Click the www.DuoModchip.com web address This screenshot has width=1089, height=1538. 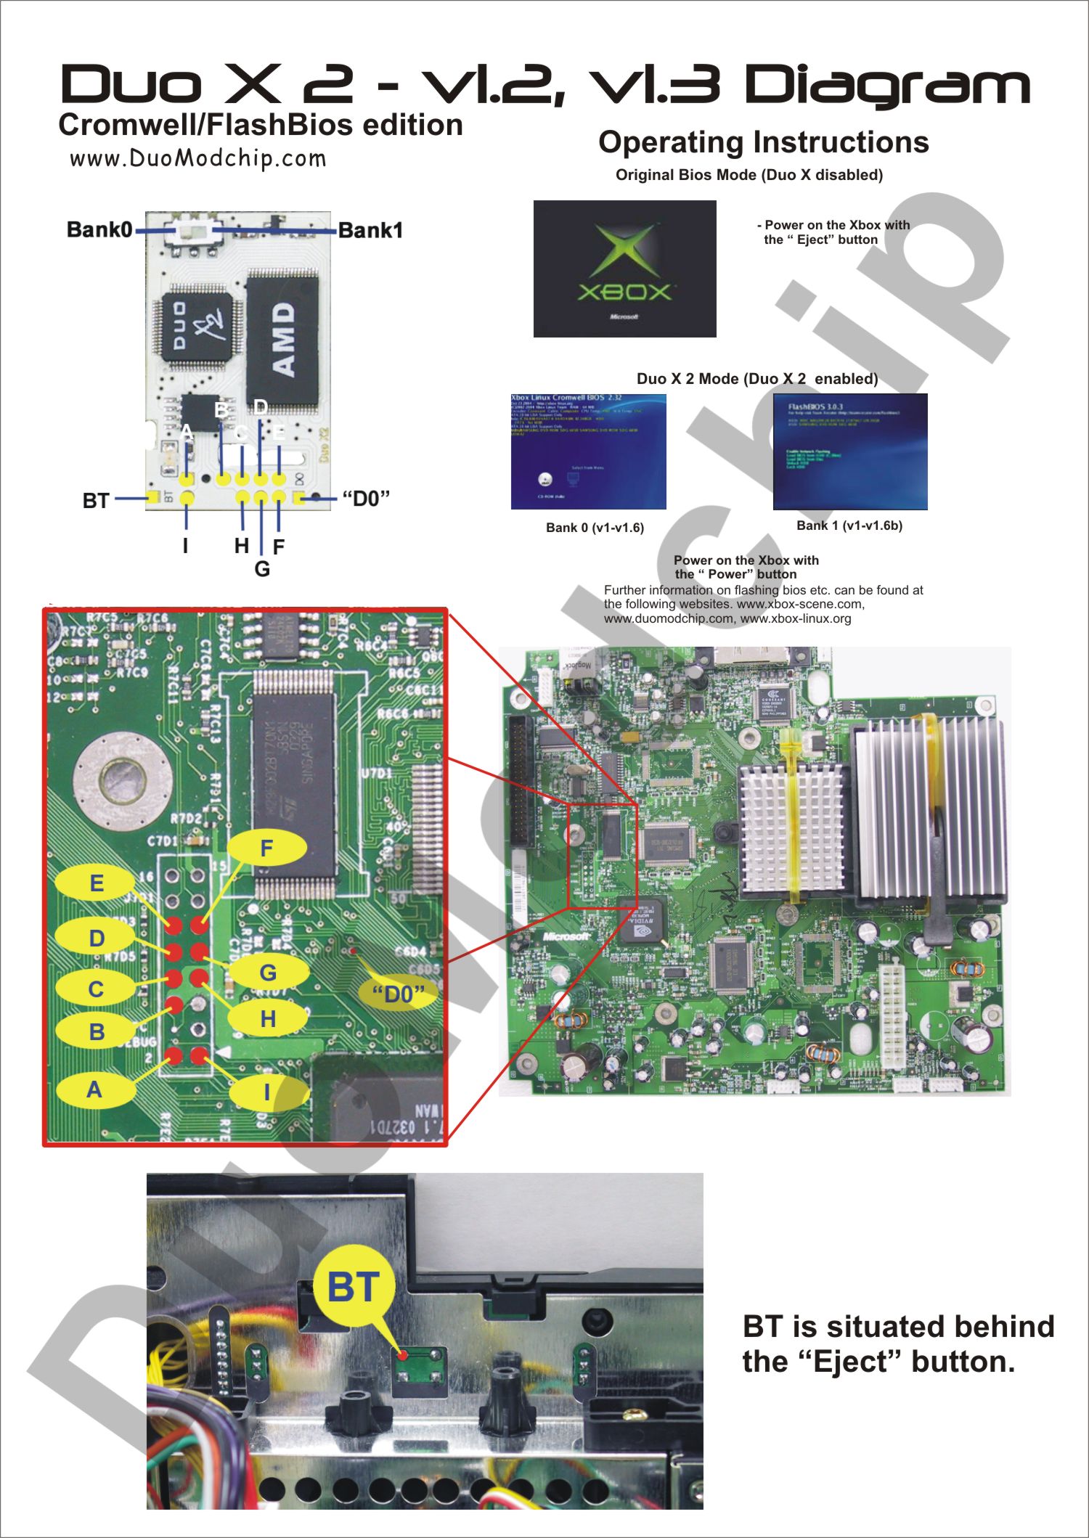pyautogui.click(x=197, y=158)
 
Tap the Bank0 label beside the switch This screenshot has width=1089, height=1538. pyautogui.click(x=99, y=230)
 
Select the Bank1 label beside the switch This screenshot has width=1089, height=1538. pyautogui.click(x=370, y=231)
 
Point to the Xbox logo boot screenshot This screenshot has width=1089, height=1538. pyautogui.click(x=624, y=269)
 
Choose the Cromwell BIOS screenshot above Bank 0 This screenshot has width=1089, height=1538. pyautogui.click(x=588, y=451)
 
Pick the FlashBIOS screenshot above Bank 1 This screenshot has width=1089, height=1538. pyautogui.click(x=850, y=451)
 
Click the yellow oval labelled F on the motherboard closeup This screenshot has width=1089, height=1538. pyautogui.click(x=266, y=848)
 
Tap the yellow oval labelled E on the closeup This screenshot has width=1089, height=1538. pyautogui.click(x=96, y=883)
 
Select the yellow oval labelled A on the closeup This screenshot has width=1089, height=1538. pyautogui.click(x=94, y=1089)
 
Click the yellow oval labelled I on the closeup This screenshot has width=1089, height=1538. pyautogui.click(x=267, y=1092)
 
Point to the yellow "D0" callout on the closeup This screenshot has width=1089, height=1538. pyautogui.click(x=399, y=994)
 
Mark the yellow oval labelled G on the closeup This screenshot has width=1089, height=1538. pyautogui.click(x=268, y=973)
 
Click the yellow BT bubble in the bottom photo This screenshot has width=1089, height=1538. pyautogui.click(x=354, y=1288)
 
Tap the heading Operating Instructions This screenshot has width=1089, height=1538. pyautogui.click(x=763, y=142)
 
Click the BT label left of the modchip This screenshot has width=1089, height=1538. pyautogui.click(x=96, y=501)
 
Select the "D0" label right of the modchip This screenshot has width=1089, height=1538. pyautogui.click(x=366, y=499)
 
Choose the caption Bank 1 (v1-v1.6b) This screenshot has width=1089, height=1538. pyautogui.click(x=849, y=525)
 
